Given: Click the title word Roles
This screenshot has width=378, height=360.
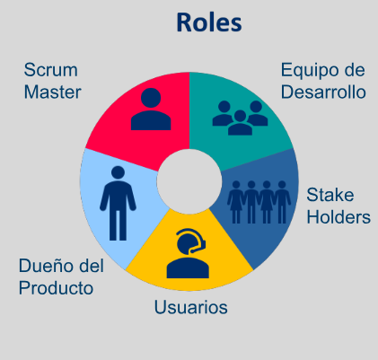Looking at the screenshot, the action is coord(209,22).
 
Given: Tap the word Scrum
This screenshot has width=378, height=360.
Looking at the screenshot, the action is coord(51,70).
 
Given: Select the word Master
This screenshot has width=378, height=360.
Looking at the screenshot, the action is coord(52,92).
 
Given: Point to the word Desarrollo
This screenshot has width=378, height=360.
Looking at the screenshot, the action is coord(323,92).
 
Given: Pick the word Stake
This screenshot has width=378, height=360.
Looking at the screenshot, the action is coord(330,195).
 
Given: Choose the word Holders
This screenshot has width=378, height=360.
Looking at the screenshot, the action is coord(338,217).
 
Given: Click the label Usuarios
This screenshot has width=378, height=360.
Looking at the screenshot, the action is coord(191,307).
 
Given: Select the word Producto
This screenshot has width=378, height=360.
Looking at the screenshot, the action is coord(56,288).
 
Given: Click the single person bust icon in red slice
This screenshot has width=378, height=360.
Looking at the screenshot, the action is coord(151,109).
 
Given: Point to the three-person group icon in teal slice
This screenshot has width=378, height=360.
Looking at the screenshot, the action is coord(240,118).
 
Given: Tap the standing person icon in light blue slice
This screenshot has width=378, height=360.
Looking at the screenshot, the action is coord(118,203).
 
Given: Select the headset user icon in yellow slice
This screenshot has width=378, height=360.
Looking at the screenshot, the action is coord(188,253).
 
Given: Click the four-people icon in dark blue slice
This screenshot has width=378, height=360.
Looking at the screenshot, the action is coord(259,202).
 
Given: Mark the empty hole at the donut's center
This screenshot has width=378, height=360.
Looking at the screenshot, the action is coord(189,181).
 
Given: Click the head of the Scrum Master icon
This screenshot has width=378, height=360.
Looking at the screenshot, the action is coord(151,98).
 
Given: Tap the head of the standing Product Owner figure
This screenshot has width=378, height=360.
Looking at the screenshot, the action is coord(118,172).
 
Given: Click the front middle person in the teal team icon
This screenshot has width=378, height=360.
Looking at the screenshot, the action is coord(240,123).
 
